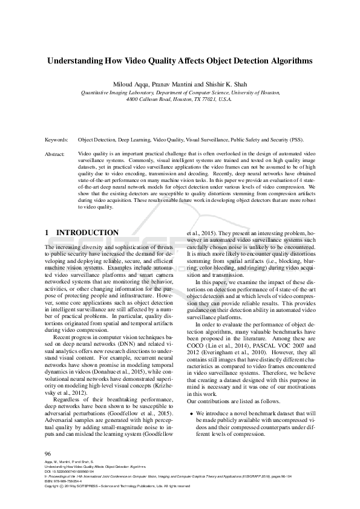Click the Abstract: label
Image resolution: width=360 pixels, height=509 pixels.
pos(55,155)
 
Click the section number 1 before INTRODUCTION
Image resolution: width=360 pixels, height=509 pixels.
pos(48,233)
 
